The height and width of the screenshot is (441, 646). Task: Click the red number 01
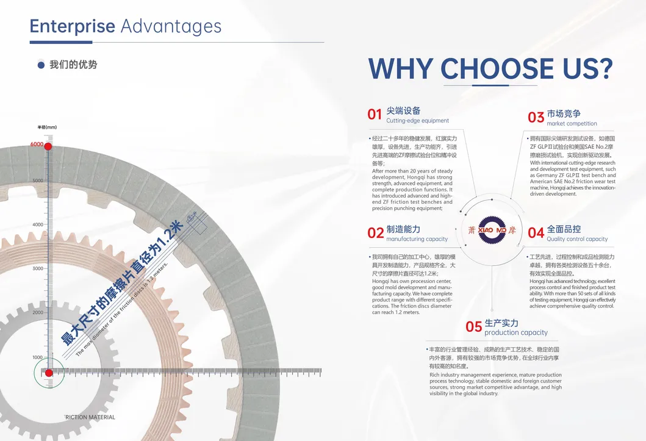point(375,114)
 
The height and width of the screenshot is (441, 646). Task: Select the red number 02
point(375,233)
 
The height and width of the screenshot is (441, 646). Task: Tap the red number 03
point(536,117)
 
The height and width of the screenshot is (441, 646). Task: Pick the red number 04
point(536,233)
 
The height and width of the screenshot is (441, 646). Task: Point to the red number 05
point(473,327)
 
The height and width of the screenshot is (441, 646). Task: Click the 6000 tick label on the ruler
point(37,145)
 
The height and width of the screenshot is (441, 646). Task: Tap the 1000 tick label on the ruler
point(38,357)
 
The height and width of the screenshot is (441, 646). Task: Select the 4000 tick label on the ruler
point(37,224)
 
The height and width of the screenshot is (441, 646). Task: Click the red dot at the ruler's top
point(48,146)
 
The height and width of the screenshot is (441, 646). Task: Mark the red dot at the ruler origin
point(49,373)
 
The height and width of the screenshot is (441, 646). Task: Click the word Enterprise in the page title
point(72,26)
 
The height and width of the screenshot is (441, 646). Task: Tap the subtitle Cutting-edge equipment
point(417,121)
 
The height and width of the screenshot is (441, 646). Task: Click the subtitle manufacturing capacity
point(417,239)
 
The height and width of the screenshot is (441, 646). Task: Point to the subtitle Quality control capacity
point(577,239)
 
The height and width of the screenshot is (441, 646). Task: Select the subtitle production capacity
point(515,333)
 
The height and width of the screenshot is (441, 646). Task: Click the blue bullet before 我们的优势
point(41,65)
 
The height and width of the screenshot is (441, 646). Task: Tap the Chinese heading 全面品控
point(564,229)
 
